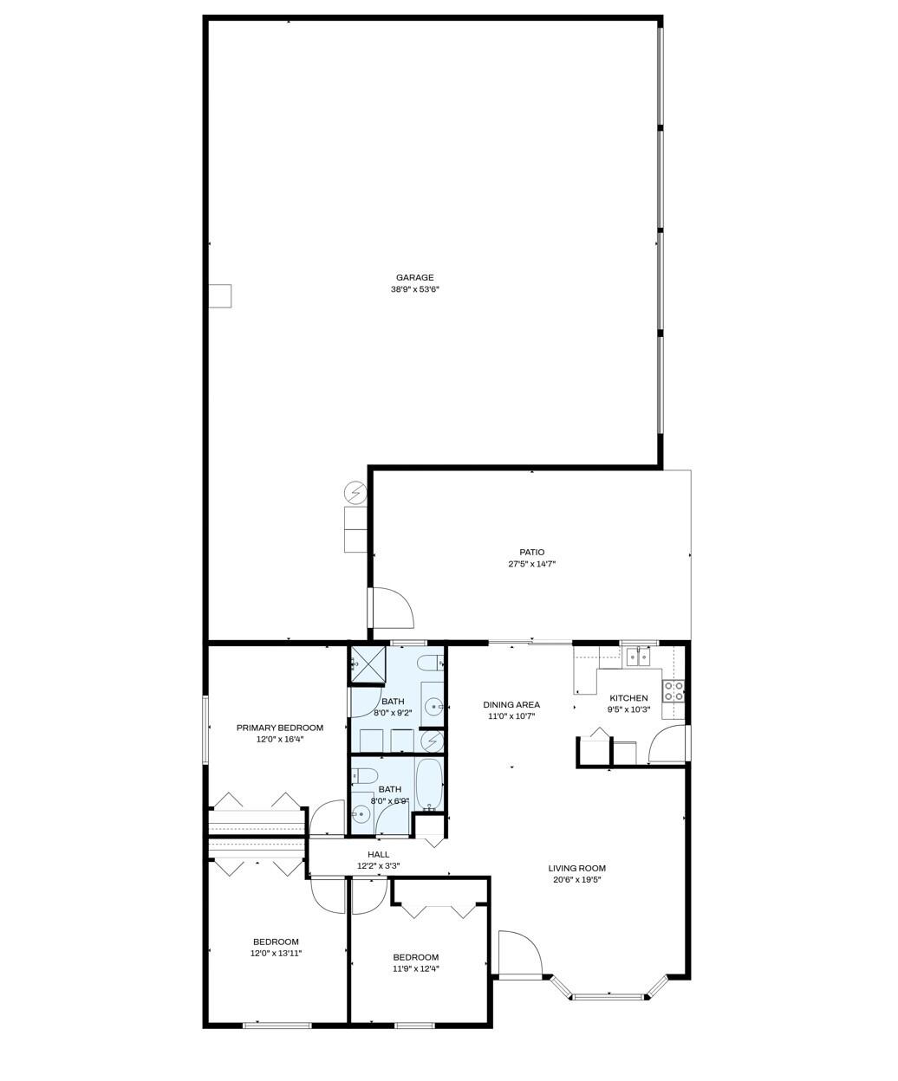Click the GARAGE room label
point(414,278)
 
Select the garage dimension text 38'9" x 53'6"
point(414,290)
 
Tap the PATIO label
point(531,552)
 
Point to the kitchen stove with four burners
point(673,691)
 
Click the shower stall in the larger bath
point(366,664)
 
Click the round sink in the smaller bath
point(361,814)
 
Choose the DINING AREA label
point(511,705)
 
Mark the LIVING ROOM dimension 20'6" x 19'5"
point(576,880)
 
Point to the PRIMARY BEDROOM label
point(279,728)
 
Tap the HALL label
point(378,855)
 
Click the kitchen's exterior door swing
point(669,745)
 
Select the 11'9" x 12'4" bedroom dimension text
point(415,969)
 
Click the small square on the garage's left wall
point(221,296)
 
